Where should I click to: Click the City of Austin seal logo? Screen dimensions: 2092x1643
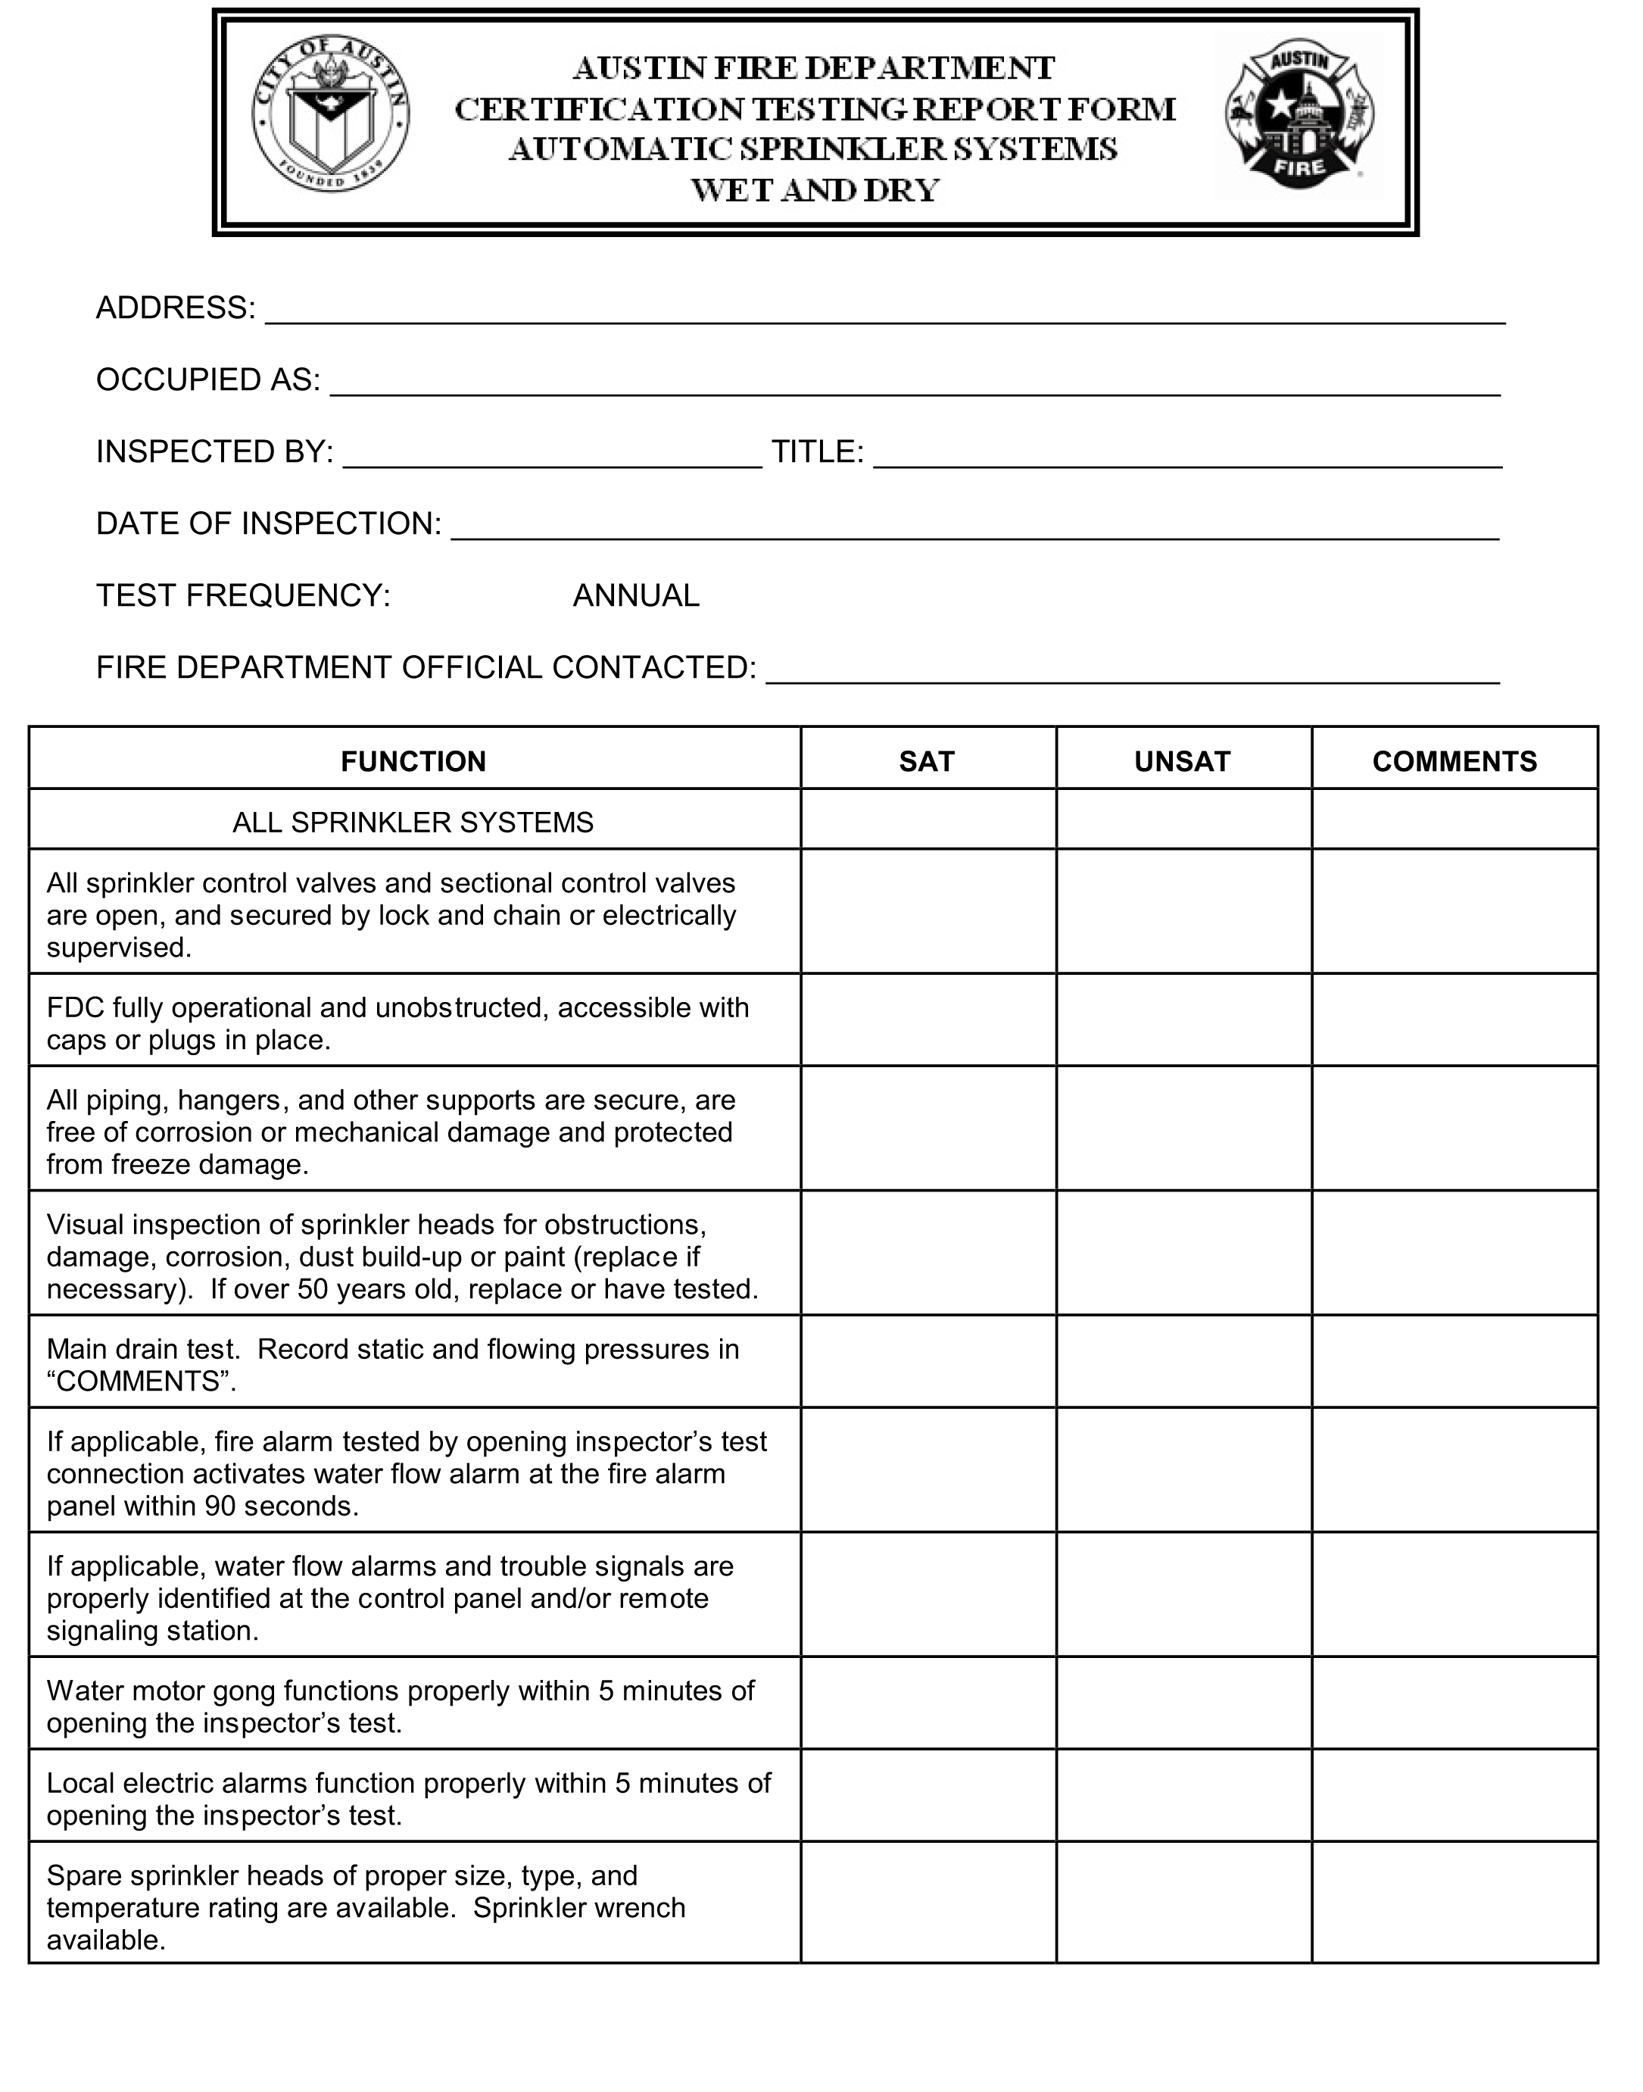pos(331,115)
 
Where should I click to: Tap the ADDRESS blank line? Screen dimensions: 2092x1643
pos(884,313)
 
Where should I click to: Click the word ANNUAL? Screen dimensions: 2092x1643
pos(636,595)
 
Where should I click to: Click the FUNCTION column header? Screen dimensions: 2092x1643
pos(413,761)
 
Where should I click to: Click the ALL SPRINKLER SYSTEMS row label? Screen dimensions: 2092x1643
pos(413,822)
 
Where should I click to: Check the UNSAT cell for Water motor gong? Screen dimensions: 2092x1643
pos(1183,1705)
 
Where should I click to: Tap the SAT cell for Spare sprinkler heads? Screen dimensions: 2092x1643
pos(928,1904)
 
